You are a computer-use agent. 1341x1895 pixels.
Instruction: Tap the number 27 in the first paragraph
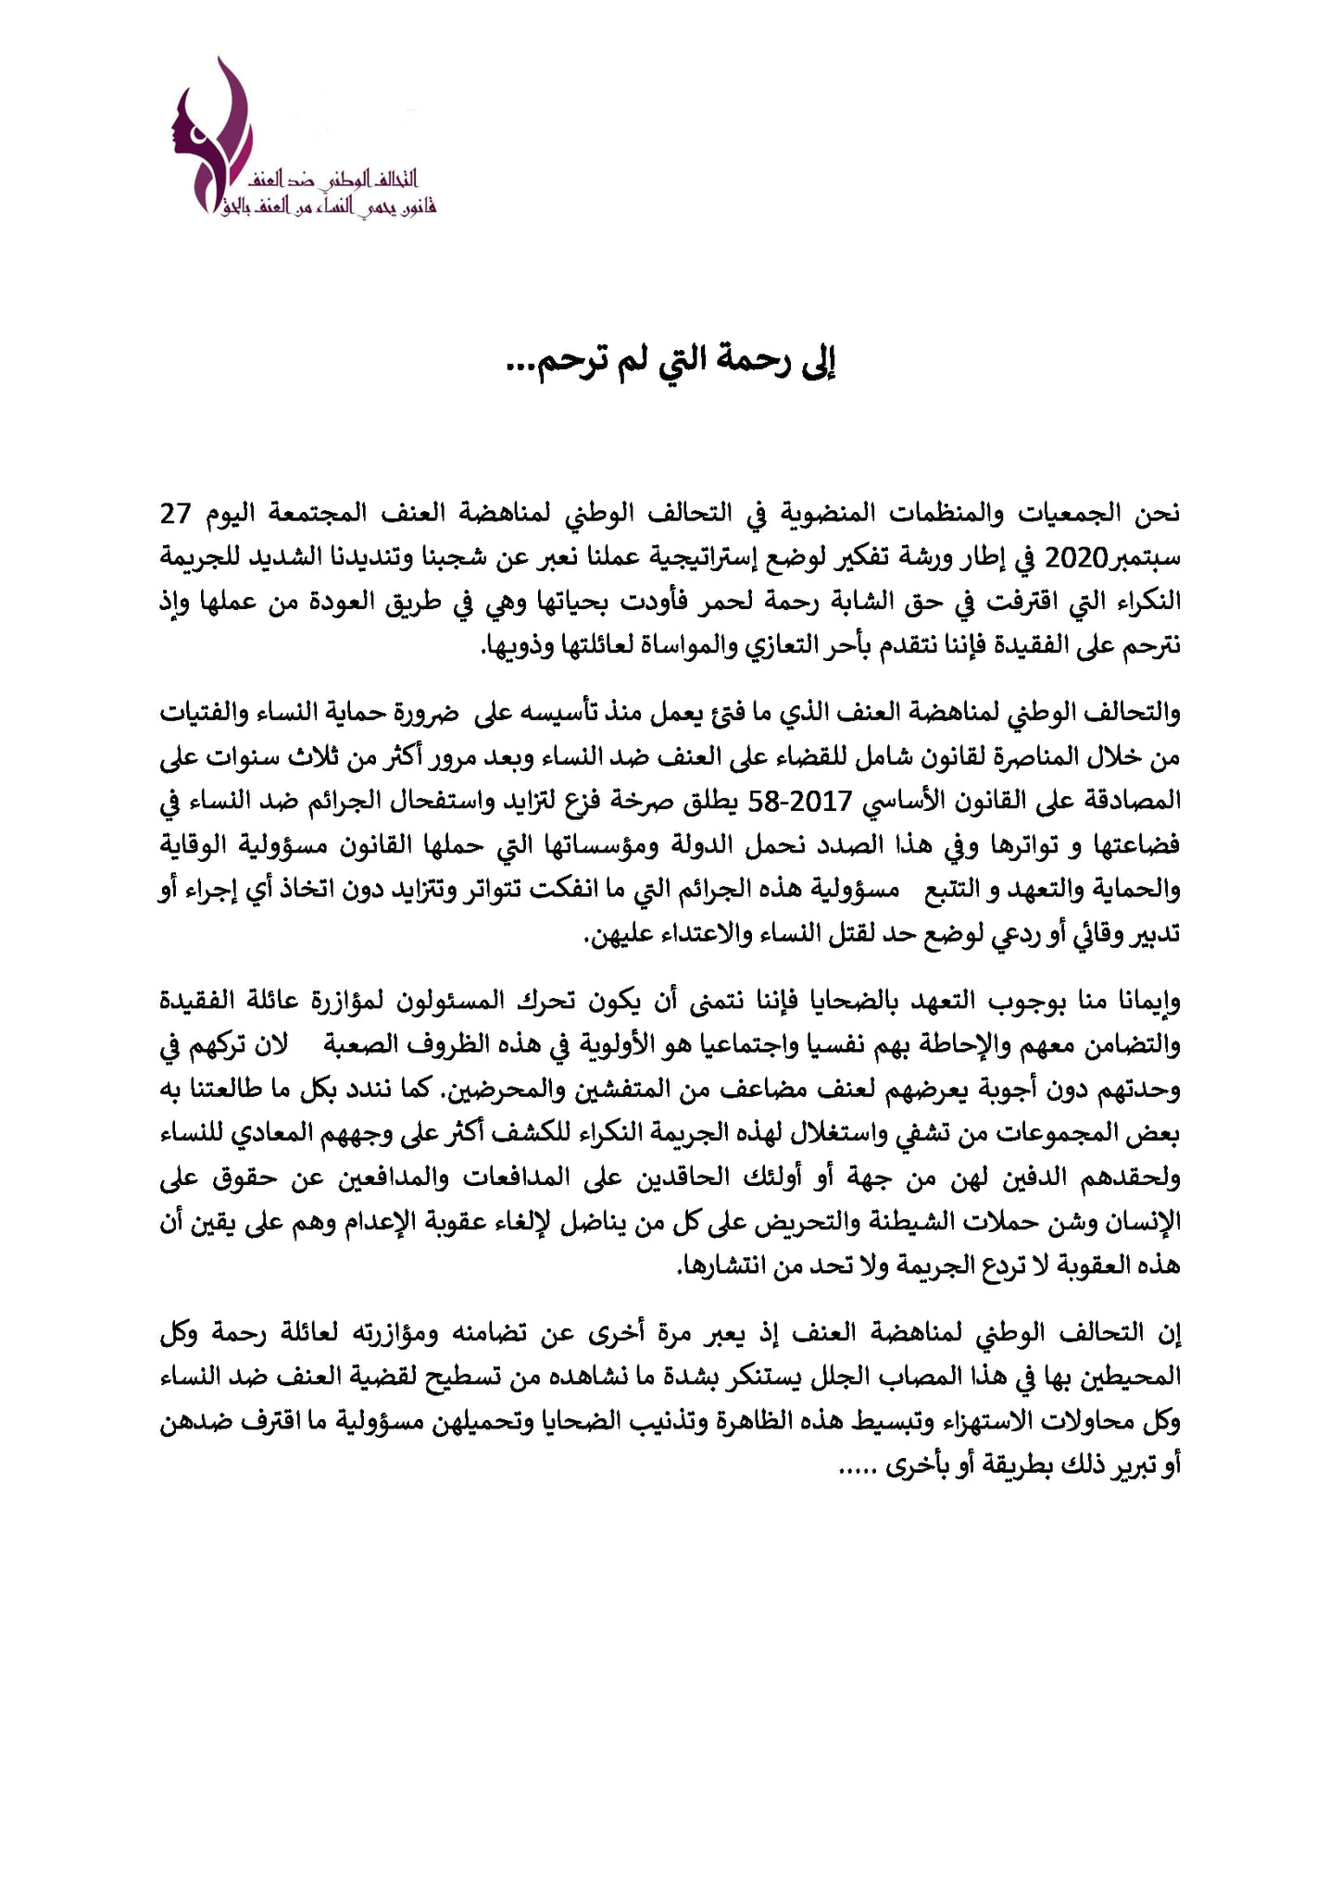pos(176,513)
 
